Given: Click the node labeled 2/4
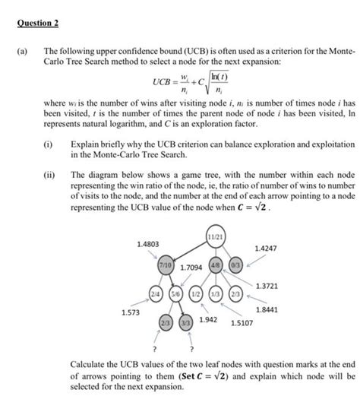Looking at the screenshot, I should click(155, 292).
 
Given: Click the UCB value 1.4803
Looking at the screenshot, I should click(148, 243).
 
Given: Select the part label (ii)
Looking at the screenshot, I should click(49, 174).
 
